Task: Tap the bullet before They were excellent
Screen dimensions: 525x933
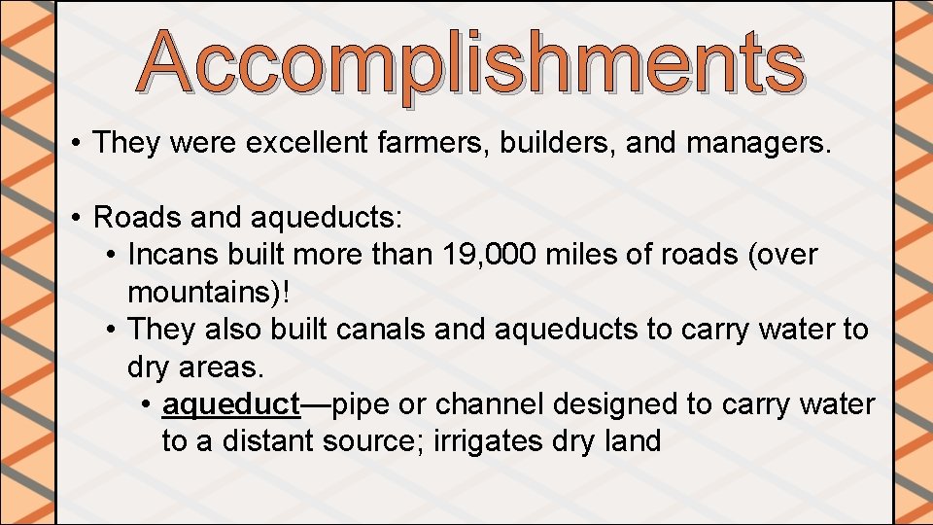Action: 76,145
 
